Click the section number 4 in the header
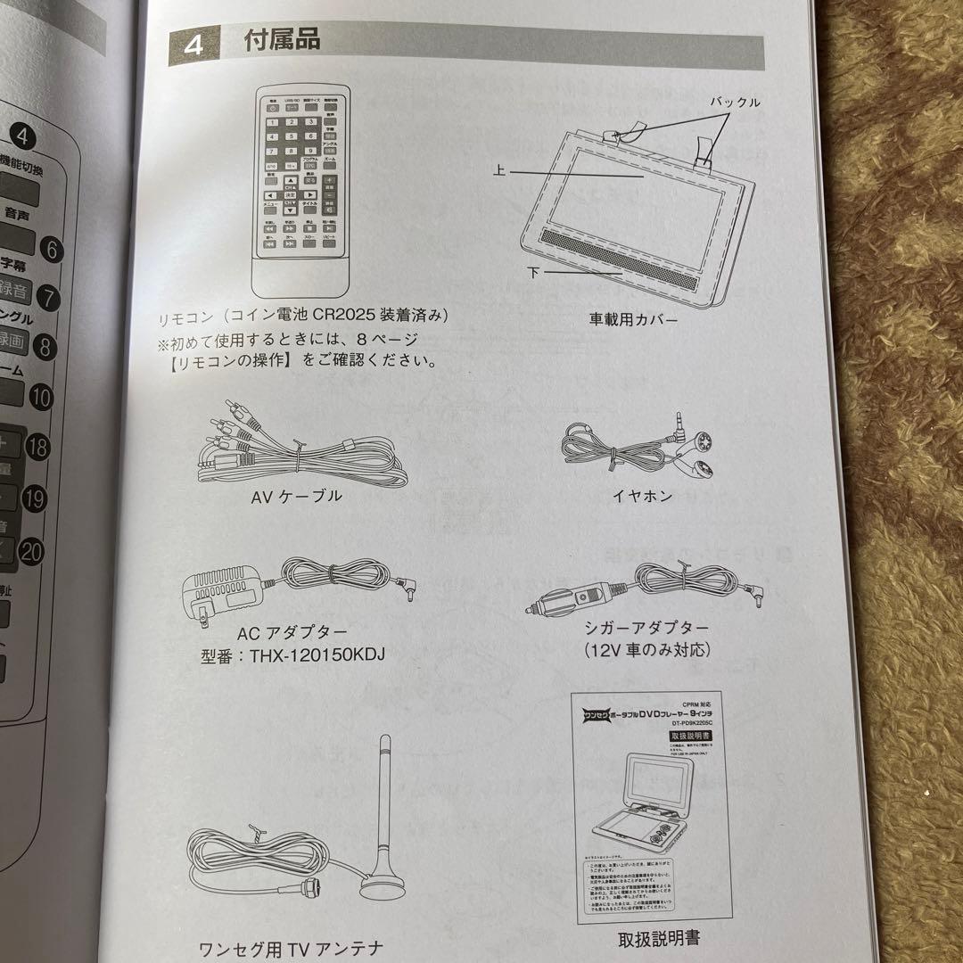(194, 45)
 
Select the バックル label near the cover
(735, 103)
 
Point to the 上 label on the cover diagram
(499, 173)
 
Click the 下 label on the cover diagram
(532, 272)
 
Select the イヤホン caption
(642, 496)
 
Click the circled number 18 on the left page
(37, 447)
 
